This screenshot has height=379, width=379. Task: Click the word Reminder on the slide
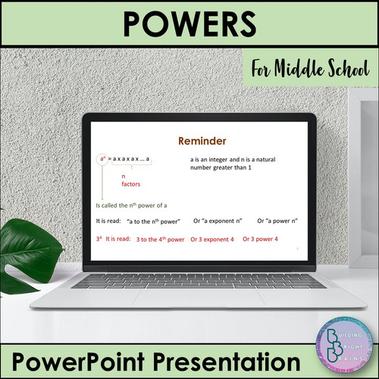[198, 141]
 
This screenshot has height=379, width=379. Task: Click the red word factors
[130, 184]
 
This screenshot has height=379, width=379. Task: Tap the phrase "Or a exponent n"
[220, 221]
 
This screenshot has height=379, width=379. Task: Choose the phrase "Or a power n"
[277, 221]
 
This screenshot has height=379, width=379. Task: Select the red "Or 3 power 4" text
[260, 239]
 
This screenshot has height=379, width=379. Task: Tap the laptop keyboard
[196, 280]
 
